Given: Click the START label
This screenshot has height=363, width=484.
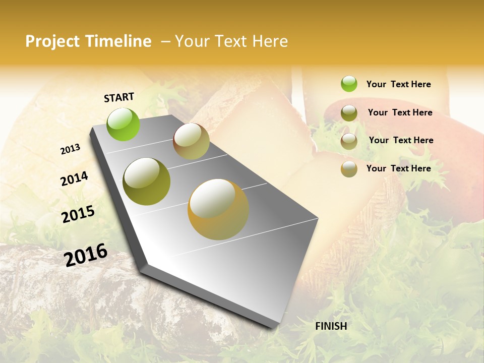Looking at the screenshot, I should click(119, 97).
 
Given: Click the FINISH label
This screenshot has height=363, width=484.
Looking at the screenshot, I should click(331, 326).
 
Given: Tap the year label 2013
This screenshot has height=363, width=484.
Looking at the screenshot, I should click(71, 149).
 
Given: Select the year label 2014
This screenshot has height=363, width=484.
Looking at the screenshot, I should click(74, 179).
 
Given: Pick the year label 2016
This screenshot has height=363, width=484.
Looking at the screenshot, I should click(86, 255).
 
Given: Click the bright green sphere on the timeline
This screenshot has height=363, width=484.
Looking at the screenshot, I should click(124, 125).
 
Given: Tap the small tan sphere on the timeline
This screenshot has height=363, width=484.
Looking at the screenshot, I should click(191, 141).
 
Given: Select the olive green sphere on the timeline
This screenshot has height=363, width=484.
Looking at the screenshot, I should click(147, 181).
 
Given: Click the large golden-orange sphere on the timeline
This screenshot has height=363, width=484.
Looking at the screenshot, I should click(218, 209).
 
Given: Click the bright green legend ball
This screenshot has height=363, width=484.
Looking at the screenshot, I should click(349, 84).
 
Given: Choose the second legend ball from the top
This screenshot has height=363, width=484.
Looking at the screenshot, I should click(349, 113).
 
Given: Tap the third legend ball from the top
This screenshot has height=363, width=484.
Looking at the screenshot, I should click(349, 141).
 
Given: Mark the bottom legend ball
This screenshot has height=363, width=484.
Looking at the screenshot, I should click(349, 169).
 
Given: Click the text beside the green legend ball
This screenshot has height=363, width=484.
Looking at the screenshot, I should click(398, 84).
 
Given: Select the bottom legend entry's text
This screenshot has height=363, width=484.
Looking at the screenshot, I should click(398, 168).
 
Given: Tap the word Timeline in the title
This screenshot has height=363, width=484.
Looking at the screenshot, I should click(118, 41).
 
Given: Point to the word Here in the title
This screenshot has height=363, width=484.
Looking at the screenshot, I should click(270, 41).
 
